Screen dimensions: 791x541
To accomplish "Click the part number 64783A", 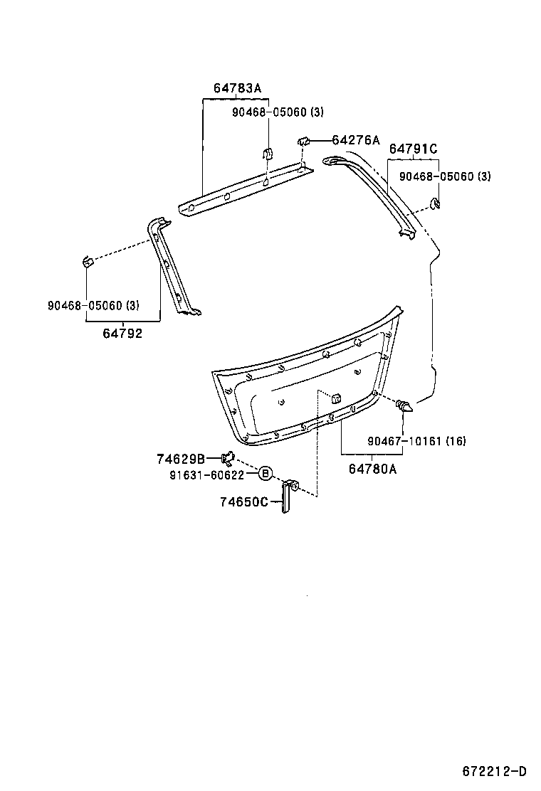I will click(237, 88).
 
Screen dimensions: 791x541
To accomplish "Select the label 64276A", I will click(355, 140).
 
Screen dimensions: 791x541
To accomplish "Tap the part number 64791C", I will click(413, 149).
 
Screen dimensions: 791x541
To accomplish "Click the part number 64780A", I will click(372, 468).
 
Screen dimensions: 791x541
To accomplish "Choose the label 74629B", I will click(181, 458).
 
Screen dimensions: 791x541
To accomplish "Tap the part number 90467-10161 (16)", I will click(416, 441).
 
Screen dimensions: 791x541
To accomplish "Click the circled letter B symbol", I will click(265, 474).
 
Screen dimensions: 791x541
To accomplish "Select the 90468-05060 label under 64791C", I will click(444, 176).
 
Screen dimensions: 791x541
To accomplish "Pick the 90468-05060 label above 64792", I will click(93, 306).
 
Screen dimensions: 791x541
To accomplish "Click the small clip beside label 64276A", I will click(303, 142).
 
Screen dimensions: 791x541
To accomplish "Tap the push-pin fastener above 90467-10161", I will click(404, 407).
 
